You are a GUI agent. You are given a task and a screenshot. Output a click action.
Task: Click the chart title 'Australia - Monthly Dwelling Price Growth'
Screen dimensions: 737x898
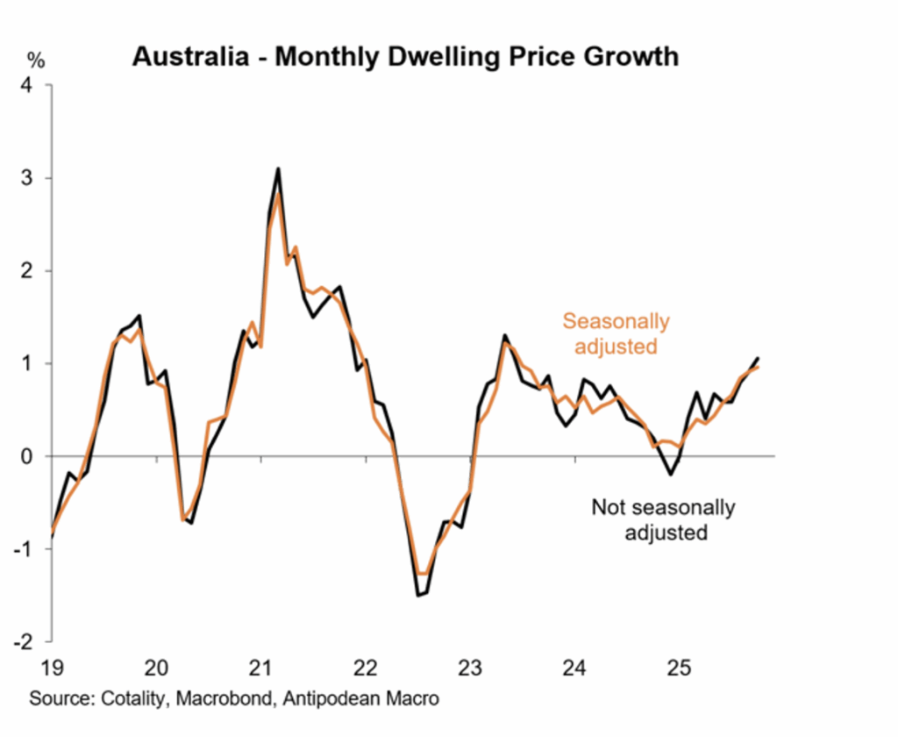[405, 57]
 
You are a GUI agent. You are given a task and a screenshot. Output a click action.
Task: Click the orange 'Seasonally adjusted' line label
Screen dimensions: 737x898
[616, 333]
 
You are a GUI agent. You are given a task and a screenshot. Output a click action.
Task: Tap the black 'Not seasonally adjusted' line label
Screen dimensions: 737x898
[663, 519]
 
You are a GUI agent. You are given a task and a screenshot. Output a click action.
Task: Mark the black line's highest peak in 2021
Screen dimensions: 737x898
[278, 168]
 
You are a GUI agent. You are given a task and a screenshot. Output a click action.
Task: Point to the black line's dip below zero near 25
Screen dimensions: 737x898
[671, 475]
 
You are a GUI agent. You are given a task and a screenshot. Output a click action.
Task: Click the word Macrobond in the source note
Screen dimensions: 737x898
[208, 699]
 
